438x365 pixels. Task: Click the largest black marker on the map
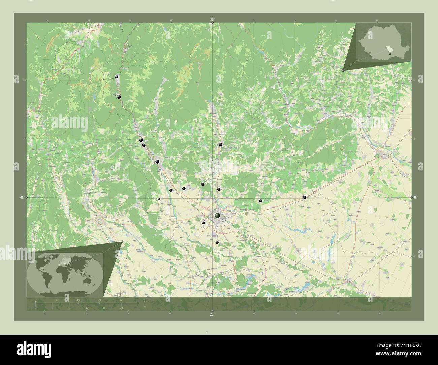[x=217, y=215]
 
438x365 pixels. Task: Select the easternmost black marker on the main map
[x=305, y=197]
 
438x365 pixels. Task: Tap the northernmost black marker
[x=117, y=77]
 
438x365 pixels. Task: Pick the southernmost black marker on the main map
[x=217, y=242]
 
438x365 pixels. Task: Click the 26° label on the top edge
[x=212, y=20]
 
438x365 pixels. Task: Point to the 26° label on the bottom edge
[x=212, y=314]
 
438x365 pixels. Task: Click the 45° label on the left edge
[x=22, y=198]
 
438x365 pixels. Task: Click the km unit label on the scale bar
[x=145, y=301]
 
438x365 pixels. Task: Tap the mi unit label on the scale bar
[x=145, y=306]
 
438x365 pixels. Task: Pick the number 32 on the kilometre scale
[x=121, y=300]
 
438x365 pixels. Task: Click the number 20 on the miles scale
[x=121, y=308]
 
